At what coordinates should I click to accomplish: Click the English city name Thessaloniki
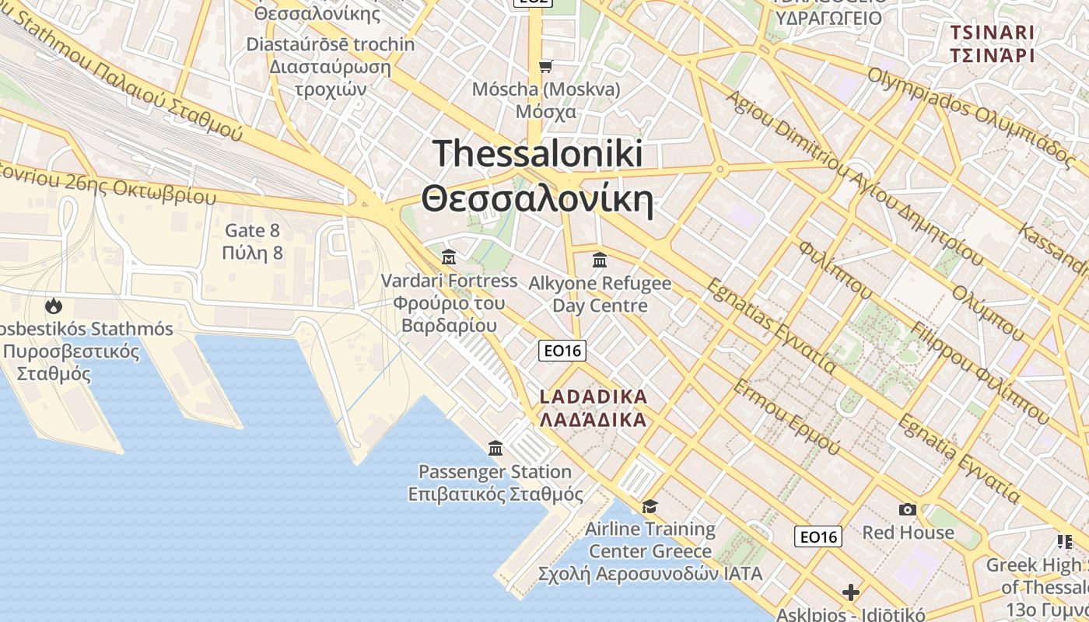tap(537, 153)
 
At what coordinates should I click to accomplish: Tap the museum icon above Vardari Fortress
tap(449, 257)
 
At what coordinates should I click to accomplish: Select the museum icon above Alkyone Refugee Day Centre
tap(599, 260)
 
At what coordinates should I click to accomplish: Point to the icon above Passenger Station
tap(495, 448)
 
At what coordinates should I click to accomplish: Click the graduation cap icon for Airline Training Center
tap(650, 507)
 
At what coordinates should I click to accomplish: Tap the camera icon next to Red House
tap(907, 509)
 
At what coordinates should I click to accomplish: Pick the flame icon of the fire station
tap(54, 306)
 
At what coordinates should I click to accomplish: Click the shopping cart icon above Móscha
tap(546, 66)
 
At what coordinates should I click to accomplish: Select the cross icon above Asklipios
tap(851, 592)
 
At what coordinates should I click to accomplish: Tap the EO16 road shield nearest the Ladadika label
tap(562, 351)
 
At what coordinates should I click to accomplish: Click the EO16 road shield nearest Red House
tap(818, 536)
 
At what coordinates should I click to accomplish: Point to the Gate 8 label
tap(252, 231)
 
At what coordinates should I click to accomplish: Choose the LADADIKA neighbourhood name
tap(594, 397)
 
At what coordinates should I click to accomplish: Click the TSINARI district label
tap(992, 33)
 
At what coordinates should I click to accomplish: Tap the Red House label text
tap(908, 533)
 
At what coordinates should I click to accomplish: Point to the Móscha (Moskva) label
tap(546, 89)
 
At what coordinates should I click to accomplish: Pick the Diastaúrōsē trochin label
tap(331, 44)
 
